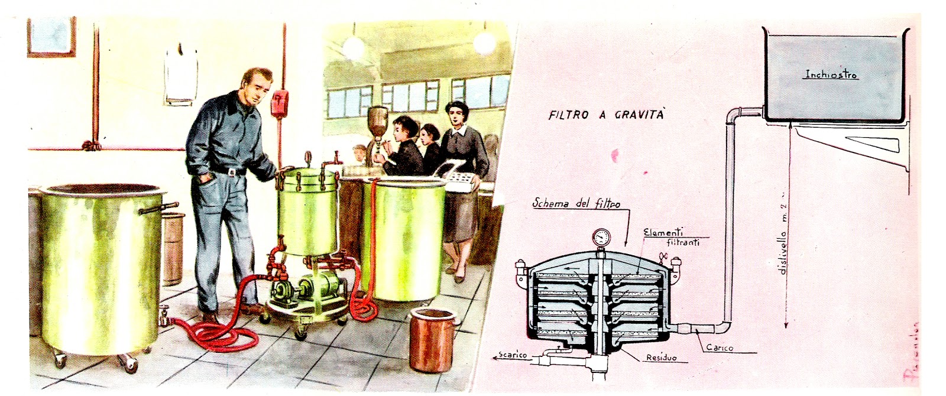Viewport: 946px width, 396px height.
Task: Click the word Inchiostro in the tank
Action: tap(831, 75)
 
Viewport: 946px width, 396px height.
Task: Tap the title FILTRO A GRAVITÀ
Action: tap(605, 115)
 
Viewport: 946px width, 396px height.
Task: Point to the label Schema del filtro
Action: tap(576, 204)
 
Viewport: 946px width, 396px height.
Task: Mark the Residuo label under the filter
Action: tap(661, 358)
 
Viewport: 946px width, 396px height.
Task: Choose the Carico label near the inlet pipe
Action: tap(720, 348)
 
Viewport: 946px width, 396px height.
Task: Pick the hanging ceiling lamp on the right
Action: tap(484, 41)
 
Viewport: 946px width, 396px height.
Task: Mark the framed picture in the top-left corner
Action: tap(51, 37)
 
